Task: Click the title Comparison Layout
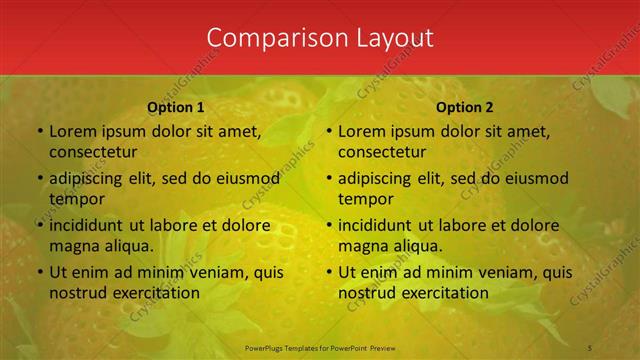(x=320, y=38)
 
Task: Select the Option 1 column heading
(x=176, y=107)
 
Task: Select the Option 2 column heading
(x=465, y=107)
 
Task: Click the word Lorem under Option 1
(x=72, y=131)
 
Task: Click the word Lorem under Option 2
(x=361, y=131)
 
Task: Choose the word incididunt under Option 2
(x=379, y=225)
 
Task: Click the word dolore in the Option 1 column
(x=243, y=225)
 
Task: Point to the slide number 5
(x=590, y=346)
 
